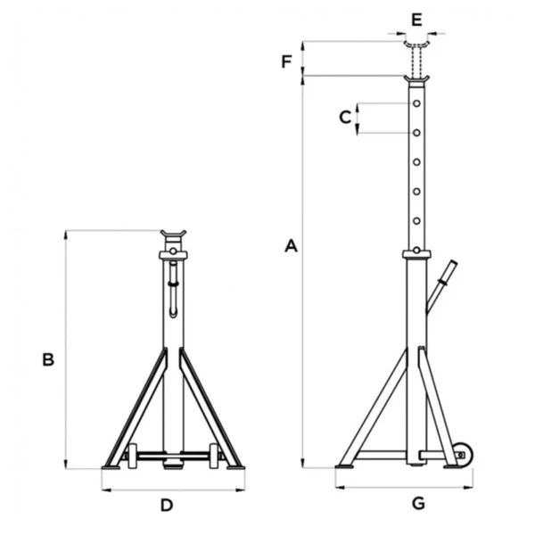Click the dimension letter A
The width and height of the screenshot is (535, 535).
291,246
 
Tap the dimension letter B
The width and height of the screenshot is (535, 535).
48,359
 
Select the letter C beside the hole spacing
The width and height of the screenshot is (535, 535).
345,117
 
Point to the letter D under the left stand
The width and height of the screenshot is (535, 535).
167,506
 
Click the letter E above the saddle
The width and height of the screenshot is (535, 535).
416,20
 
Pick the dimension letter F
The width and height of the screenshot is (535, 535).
286,62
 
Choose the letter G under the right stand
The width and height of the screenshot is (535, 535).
418,503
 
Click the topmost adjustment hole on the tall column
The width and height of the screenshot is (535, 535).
416,103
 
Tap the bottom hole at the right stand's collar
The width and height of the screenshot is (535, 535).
416,251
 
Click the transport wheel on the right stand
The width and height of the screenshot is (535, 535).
463,455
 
